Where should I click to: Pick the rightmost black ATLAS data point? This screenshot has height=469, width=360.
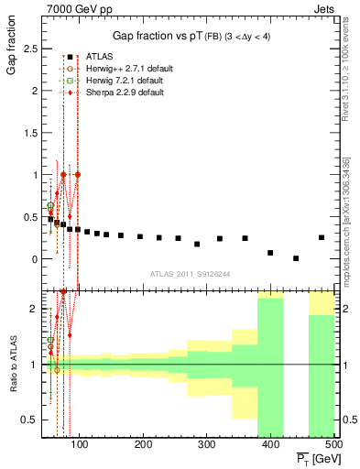coord(322,237)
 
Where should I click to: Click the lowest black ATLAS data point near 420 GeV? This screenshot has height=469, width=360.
coord(296,258)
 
